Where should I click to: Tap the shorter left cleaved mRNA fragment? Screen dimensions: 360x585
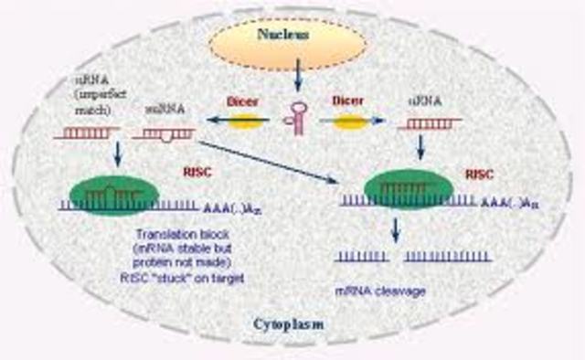pos(365,259)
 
